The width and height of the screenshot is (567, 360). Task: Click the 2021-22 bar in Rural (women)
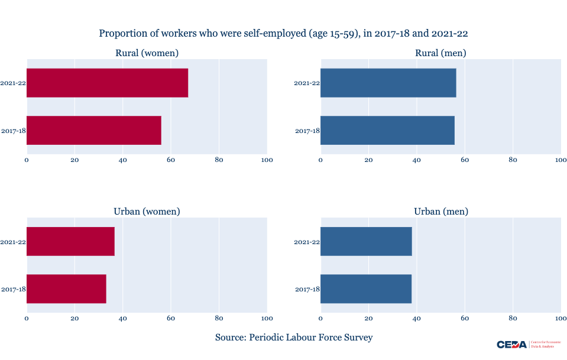point(107,83)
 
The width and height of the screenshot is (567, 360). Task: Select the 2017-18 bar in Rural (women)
point(93,130)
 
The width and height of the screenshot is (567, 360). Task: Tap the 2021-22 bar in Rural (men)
point(388,83)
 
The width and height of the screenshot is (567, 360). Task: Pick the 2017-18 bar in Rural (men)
point(387,130)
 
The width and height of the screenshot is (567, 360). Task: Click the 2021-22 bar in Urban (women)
point(70,241)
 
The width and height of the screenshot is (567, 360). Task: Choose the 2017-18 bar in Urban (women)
point(66,289)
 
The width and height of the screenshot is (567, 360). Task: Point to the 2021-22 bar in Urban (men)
point(366,241)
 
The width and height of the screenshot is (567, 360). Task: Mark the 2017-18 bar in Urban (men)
point(365,289)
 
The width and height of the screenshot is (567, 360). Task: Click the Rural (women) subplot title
point(147,53)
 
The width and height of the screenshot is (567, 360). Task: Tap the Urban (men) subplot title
point(440,212)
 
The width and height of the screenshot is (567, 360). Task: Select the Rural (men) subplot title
point(440,53)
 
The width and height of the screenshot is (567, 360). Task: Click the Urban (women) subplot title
point(147,212)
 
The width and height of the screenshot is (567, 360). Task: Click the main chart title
point(283,34)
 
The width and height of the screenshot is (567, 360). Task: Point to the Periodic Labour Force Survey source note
point(294,338)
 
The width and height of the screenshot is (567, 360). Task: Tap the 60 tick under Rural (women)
point(171,160)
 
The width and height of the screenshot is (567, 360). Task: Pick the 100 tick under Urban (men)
point(560,319)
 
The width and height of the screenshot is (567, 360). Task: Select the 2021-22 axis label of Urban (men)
point(307,242)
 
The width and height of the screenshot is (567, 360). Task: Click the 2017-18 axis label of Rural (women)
point(13,131)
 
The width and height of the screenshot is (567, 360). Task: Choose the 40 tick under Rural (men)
point(416,160)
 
